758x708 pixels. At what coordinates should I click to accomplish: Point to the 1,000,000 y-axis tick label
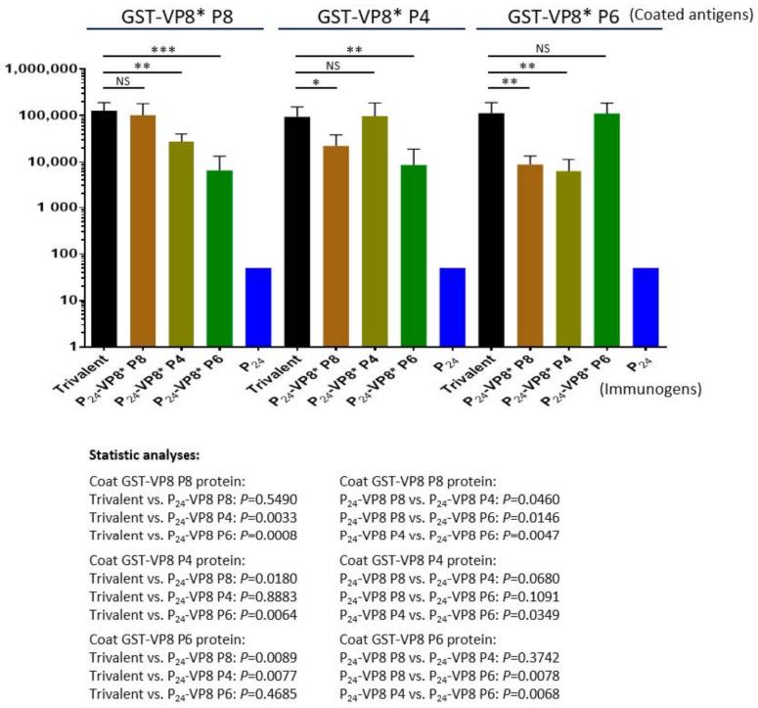tap(41, 70)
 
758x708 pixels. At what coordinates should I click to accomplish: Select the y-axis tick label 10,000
tap(52, 162)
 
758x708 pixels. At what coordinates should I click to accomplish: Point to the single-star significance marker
tap(315, 85)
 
